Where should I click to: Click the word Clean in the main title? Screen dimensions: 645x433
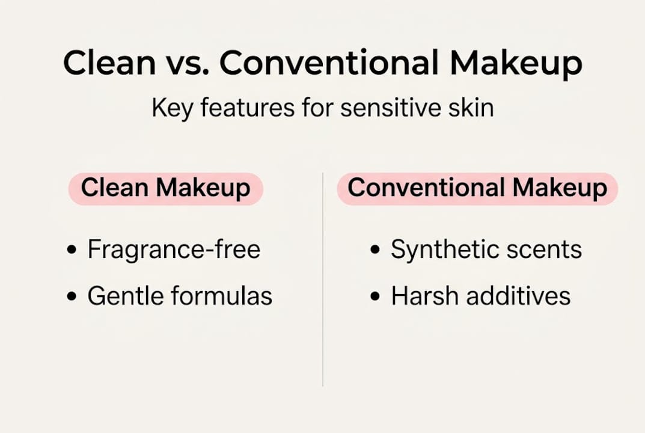(109, 62)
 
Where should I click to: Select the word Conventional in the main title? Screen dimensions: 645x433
(329, 62)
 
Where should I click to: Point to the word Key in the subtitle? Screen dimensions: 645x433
(172, 109)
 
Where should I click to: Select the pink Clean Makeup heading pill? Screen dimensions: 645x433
(166, 189)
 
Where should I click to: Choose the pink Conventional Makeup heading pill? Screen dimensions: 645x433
(477, 189)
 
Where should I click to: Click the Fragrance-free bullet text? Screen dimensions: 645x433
(174, 249)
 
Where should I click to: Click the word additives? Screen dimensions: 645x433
(519, 295)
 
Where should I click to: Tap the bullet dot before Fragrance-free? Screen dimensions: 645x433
(72, 250)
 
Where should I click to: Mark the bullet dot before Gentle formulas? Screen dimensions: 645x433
(72, 296)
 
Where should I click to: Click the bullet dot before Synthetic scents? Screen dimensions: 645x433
(374, 250)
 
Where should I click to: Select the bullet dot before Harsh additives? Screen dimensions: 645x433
(374, 296)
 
